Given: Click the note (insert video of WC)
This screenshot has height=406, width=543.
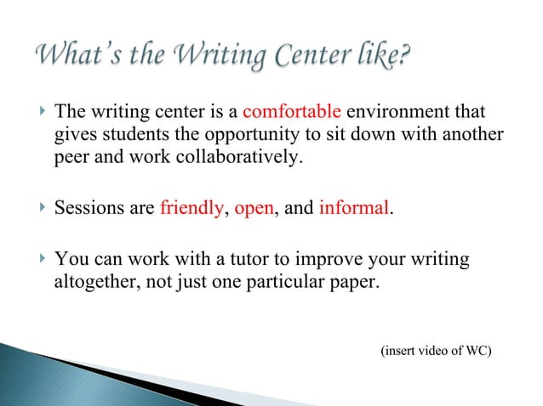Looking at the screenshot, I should (435, 350).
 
